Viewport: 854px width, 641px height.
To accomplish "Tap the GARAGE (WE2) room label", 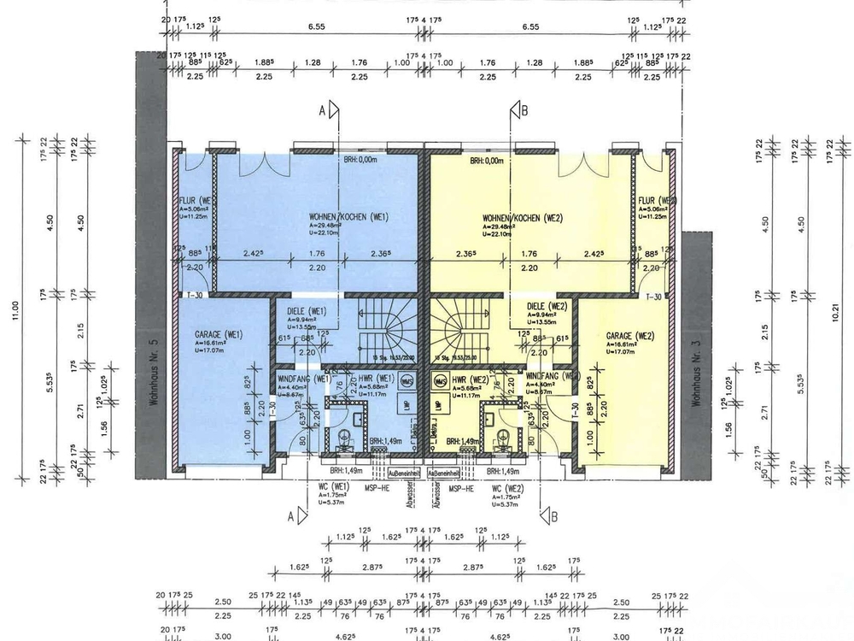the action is tap(629, 335).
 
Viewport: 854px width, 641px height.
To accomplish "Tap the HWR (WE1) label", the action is tap(375, 378).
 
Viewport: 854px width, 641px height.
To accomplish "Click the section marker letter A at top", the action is tap(322, 110).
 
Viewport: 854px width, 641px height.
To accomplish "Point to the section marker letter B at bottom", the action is tap(553, 516).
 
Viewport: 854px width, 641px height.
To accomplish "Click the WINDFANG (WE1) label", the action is tap(303, 378).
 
